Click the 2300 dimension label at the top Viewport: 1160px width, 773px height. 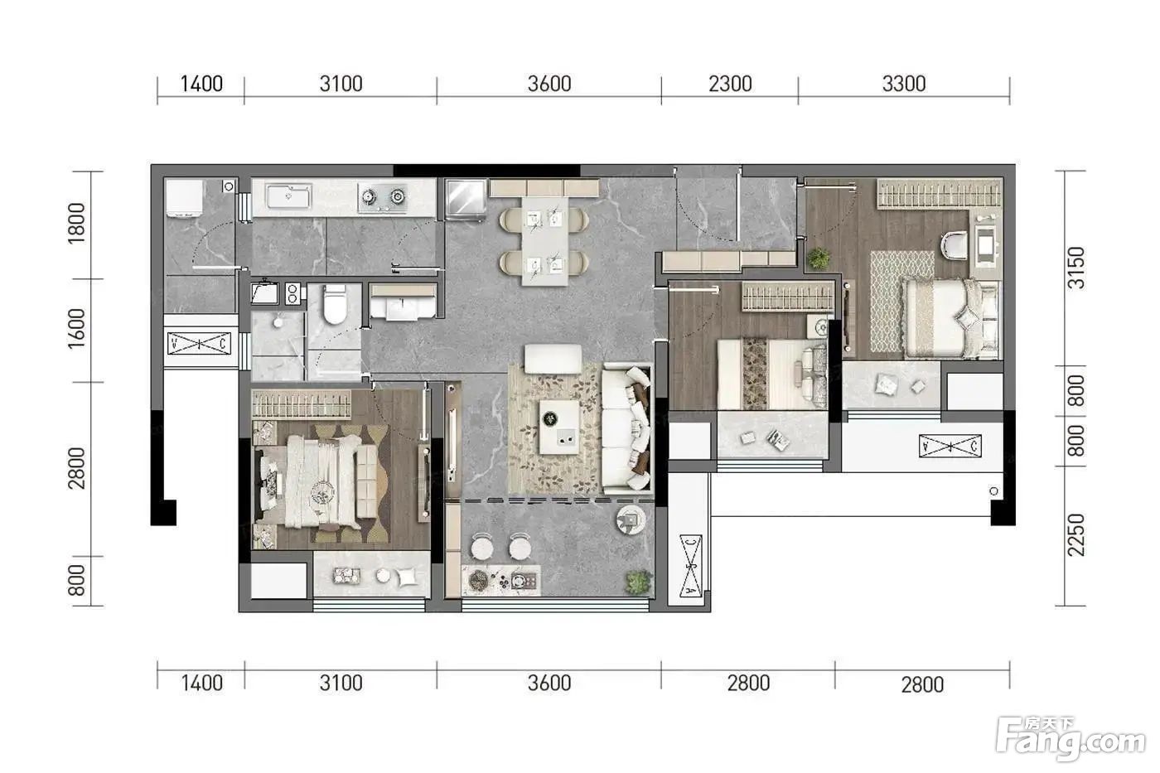pos(730,84)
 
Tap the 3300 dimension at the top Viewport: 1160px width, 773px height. pos(904,84)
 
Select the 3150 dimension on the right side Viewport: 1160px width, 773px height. pos(1076,268)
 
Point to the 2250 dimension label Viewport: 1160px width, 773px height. pos(1076,535)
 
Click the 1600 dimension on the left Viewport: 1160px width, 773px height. pos(76,328)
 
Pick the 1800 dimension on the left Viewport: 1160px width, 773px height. pos(76,223)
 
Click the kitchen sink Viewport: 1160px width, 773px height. pos(288,196)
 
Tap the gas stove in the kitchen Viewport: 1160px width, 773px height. pos(383,197)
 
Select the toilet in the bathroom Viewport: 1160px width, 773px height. pos(334,304)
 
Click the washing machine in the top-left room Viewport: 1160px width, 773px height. pos(184,198)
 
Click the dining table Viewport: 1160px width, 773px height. pos(544,241)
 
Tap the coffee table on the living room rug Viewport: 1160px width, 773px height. pos(559,428)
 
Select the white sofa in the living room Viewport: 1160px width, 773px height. pos(626,429)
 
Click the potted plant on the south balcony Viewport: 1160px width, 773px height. pos(638,582)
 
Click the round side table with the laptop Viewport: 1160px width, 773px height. pos(631,519)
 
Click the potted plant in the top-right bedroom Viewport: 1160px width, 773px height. pos(819,258)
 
